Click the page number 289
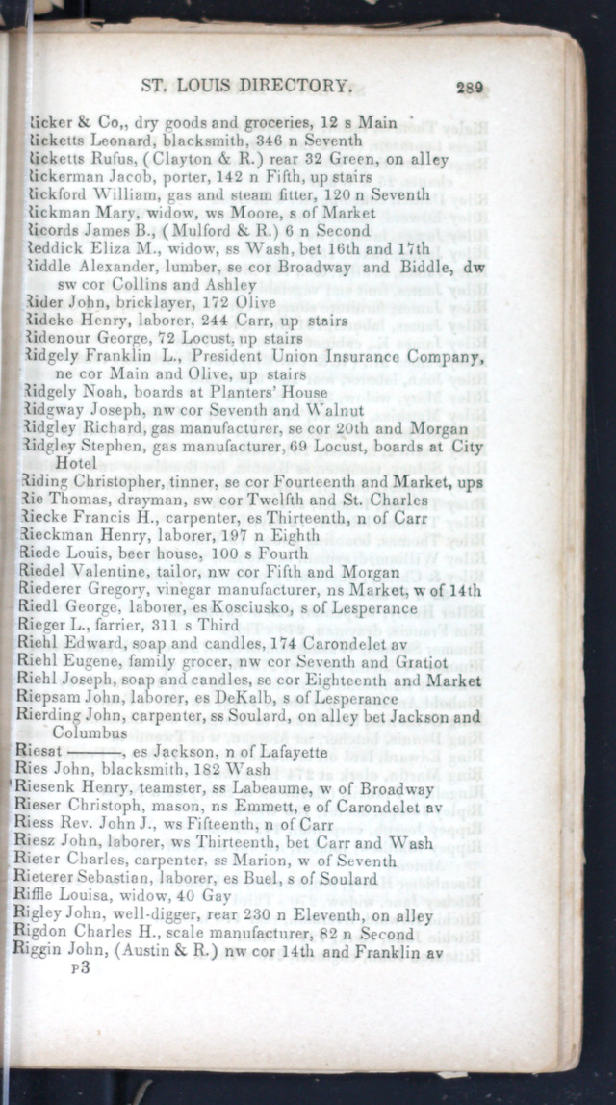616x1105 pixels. [x=471, y=88]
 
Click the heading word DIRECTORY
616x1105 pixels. [x=295, y=87]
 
